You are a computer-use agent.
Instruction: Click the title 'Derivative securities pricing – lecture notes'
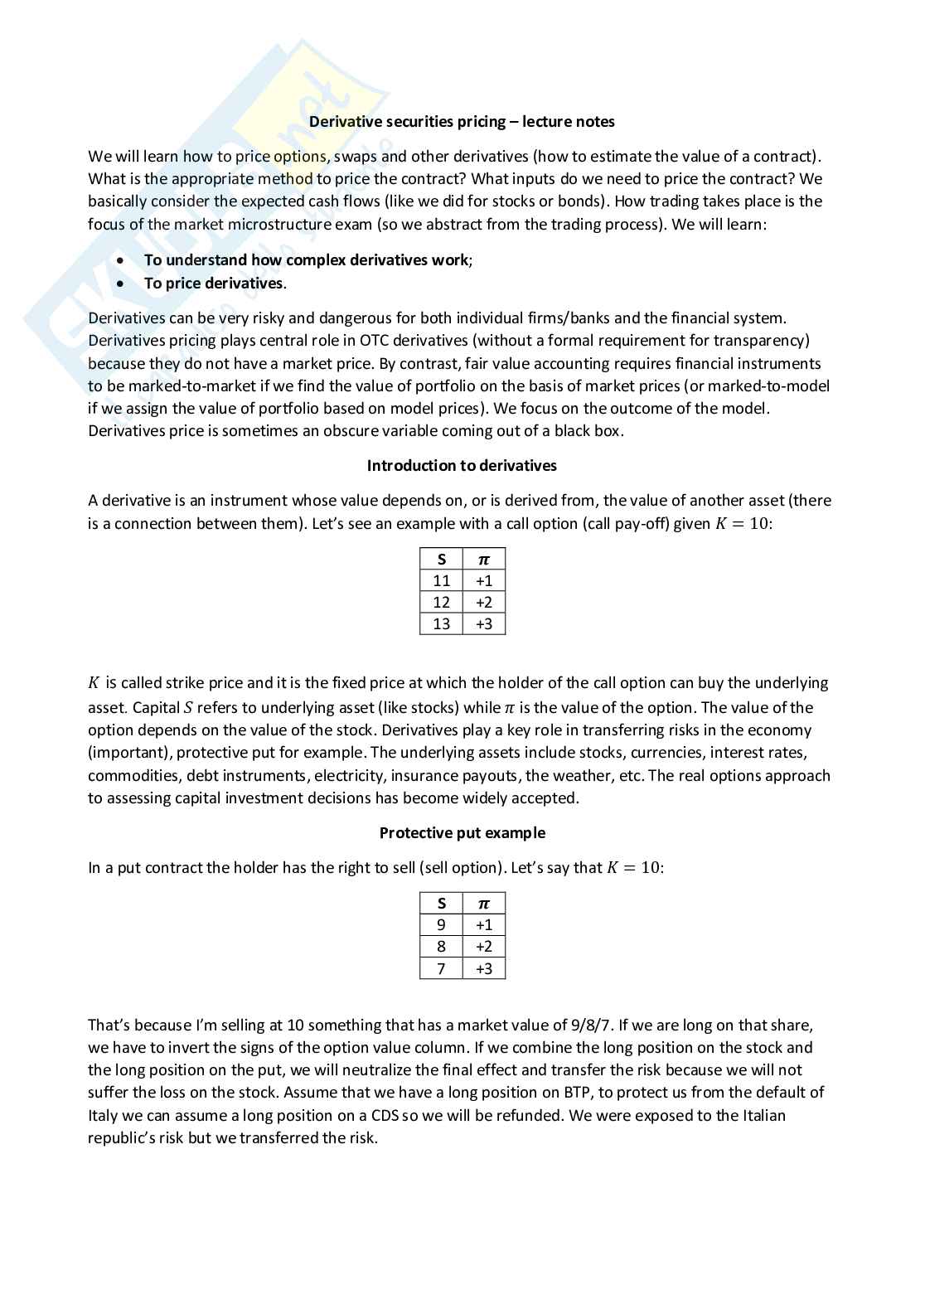462,122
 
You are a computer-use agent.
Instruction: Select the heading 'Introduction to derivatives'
462,466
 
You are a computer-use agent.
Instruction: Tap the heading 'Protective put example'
462,833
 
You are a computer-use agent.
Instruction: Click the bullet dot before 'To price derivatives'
122,284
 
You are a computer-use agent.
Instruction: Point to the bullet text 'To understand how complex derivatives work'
306,260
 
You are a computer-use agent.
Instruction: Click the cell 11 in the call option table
441,581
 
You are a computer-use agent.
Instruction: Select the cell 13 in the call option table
441,624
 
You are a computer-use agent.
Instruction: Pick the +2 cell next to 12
484,603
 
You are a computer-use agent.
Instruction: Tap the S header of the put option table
441,904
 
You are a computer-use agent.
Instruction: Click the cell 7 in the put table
441,968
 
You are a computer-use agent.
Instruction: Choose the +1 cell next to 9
484,925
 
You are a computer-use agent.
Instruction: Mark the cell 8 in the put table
441,947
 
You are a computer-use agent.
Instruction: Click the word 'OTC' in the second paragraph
375,341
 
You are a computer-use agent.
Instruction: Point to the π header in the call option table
484,560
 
